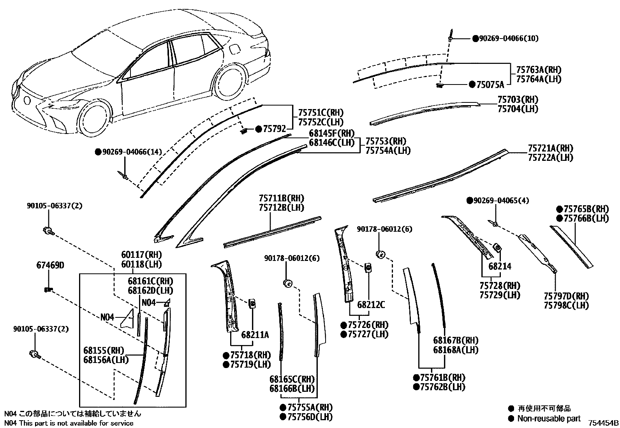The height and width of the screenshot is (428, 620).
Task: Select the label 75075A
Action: (x=490, y=85)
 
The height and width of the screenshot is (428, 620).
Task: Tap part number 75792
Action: (x=274, y=129)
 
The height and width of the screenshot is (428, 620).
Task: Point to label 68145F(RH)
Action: (x=332, y=133)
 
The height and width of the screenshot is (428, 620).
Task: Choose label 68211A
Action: (x=255, y=335)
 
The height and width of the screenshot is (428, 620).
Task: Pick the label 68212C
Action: (x=371, y=305)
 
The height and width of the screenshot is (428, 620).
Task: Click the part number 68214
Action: (x=500, y=266)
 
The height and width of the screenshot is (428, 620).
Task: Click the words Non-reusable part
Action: (x=549, y=419)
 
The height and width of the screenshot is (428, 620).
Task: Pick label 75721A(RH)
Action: (x=550, y=148)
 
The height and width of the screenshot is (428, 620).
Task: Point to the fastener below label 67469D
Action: (x=48, y=289)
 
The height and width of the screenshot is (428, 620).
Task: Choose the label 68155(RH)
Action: (x=100, y=350)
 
